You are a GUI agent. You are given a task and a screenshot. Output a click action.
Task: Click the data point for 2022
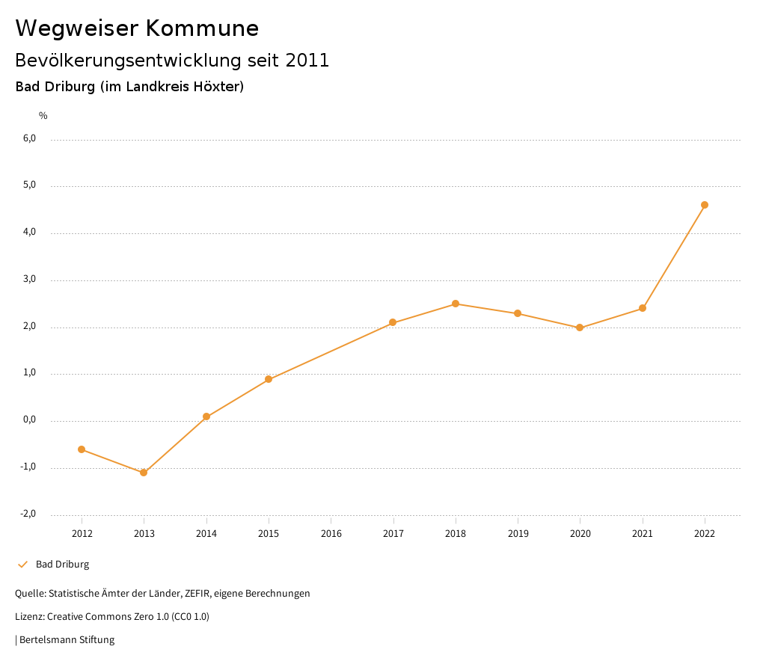click(x=705, y=205)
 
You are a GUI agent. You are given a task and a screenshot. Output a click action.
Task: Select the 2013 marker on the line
click(x=144, y=473)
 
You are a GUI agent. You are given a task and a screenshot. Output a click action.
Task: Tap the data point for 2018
click(x=456, y=304)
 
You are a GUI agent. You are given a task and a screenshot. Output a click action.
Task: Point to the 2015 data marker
click(x=269, y=379)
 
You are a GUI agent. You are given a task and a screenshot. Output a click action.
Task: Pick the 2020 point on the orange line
click(x=580, y=328)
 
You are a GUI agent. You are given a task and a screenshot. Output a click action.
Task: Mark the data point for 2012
click(x=82, y=449)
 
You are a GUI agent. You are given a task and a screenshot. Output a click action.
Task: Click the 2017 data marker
click(x=393, y=322)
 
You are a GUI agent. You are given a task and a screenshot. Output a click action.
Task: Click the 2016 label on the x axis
click(x=331, y=534)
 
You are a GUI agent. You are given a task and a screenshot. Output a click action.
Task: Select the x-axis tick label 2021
click(x=643, y=534)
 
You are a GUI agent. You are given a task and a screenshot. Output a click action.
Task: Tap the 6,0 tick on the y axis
click(x=29, y=138)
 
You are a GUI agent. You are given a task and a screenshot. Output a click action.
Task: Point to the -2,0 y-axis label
click(x=28, y=514)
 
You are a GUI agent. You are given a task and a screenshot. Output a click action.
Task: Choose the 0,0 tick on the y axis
click(x=29, y=419)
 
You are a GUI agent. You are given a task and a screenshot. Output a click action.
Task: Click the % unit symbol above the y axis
click(x=43, y=116)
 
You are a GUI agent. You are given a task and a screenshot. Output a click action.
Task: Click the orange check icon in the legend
click(x=22, y=565)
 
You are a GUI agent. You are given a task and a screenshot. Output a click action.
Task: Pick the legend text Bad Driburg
click(x=62, y=565)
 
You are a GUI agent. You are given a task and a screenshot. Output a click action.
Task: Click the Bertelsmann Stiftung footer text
click(x=67, y=640)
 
